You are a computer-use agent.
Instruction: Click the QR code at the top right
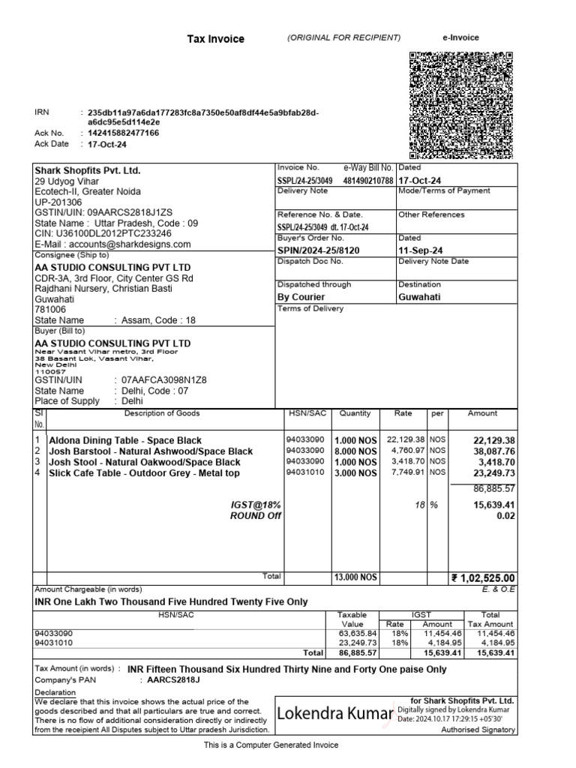pos(462,106)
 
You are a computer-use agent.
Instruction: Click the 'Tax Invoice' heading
pos(215,39)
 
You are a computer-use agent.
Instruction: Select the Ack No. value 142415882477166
pos(124,133)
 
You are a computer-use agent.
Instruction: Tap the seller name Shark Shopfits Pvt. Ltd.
pos(88,170)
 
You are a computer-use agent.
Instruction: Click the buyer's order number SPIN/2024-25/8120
pos(318,250)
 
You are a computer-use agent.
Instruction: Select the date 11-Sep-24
pos(419,250)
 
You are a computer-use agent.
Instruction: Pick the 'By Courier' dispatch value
pos(301,297)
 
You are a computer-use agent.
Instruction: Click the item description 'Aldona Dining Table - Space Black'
pos(124,440)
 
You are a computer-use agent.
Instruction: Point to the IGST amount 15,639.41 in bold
pos(493,505)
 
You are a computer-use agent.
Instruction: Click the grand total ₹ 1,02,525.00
pos(483,577)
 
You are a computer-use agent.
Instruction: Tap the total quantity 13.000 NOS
pos(355,577)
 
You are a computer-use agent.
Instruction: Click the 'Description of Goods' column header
pos(162,413)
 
